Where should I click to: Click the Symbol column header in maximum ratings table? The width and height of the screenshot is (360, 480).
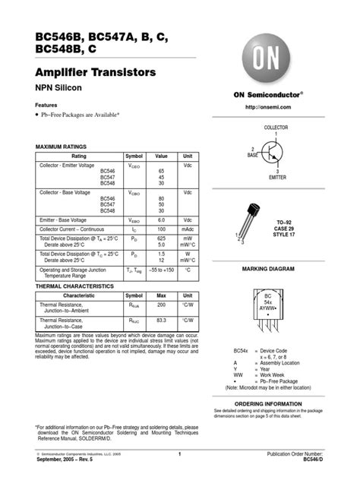click(134, 155)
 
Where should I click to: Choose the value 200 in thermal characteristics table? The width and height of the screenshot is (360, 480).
click(162, 305)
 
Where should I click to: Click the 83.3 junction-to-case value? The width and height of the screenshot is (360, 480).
click(162, 321)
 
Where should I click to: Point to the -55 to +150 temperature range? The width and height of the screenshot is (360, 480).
click(162, 270)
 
